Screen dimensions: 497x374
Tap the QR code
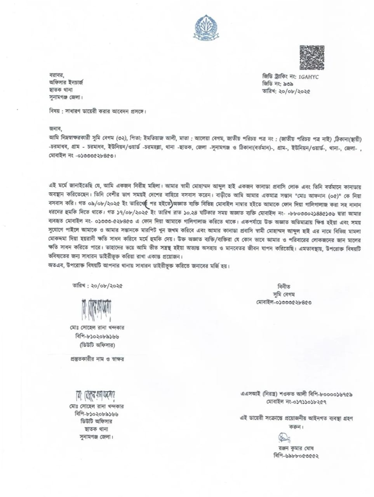click(312, 57)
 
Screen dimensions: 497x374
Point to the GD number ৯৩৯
click(288, 84)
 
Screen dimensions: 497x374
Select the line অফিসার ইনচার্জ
click(66, 82)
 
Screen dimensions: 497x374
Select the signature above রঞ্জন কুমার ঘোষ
click(284, 438)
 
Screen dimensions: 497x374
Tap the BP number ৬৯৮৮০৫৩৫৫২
click(301, 456)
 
